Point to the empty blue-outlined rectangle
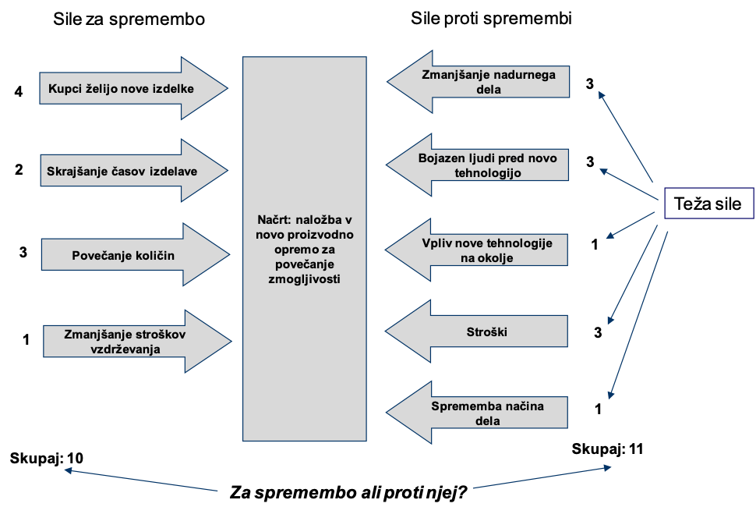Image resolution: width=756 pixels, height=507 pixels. [x=708, y=203]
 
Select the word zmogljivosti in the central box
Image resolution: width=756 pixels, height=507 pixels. [x=304, y=278]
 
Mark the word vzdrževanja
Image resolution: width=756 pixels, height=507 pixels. [x=125, y=349]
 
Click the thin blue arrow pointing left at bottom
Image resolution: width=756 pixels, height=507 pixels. [x=140, y=480]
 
